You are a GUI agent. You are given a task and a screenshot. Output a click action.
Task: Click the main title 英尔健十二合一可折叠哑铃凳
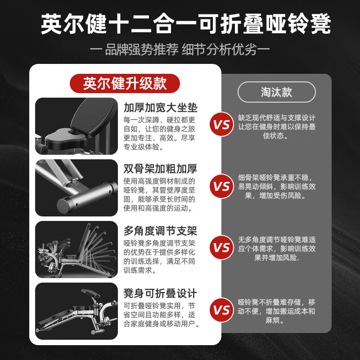pos(186,24)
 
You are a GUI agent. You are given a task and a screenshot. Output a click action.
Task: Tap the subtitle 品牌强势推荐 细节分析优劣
pos(180,49)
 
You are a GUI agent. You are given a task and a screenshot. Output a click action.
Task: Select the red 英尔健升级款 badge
pos(125,83)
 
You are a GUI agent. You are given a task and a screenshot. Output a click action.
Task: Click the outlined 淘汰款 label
pos(277,92)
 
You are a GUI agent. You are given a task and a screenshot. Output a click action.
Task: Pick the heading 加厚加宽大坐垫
pos(161,108)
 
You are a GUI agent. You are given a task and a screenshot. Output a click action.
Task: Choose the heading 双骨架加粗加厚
pos(160,169)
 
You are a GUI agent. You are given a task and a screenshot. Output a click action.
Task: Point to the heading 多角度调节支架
pos(160,231)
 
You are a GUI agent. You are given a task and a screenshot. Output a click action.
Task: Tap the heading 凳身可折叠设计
pos(160,293)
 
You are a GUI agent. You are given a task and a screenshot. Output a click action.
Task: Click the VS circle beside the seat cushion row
pos(221,124)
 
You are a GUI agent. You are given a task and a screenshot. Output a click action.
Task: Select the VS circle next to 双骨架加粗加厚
pos(221,186)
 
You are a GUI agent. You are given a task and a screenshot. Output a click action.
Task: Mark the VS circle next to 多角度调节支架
pos(221,247)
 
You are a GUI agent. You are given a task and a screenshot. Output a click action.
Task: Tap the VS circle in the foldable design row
pos(221,310)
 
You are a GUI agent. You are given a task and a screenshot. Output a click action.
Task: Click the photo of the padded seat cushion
pos(76,126)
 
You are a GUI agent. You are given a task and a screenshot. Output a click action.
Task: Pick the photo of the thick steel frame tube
pos(76,188)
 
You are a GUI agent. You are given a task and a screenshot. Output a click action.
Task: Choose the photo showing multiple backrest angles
pos(76,249)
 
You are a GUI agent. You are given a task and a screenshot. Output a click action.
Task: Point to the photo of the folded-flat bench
pos(76,311)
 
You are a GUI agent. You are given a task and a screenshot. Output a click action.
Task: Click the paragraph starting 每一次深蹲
pos(159,133)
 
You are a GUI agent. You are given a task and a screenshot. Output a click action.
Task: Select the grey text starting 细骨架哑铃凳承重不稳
pos(277,186)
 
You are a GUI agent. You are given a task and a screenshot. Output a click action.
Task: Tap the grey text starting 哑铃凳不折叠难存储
pos(276,311)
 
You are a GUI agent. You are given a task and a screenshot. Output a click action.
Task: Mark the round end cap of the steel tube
pos(63,206)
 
